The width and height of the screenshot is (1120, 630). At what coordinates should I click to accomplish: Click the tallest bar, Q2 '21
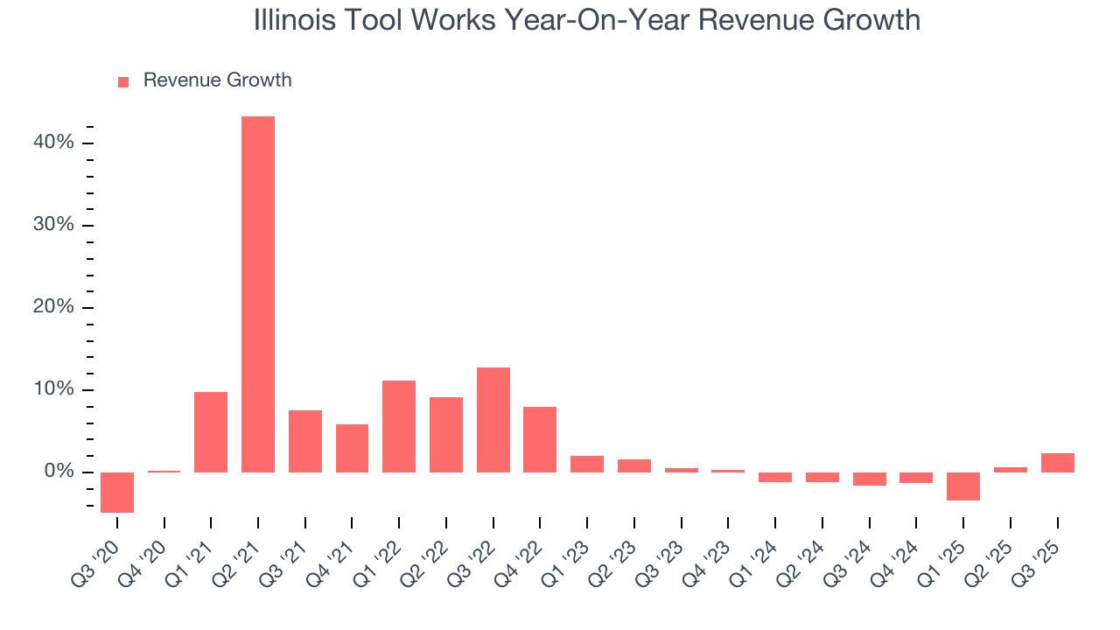click(258, 294)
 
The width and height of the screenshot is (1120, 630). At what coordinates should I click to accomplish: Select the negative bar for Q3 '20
click(117, 492)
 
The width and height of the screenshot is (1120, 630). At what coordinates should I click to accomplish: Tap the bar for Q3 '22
click(493, 420)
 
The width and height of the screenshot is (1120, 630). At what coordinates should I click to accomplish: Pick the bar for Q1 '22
click(399, 426)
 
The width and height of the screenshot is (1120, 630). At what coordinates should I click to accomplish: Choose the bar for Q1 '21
click(211, 432)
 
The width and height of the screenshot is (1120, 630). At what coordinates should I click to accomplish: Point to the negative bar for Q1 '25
click(963, 486)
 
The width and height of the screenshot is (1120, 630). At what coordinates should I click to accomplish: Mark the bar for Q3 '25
click(1058, 463)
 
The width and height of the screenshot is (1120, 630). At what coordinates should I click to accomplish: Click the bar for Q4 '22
click(540, 439)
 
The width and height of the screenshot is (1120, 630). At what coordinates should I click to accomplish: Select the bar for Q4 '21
click(352, 448)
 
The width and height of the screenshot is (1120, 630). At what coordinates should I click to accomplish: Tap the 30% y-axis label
click(54, 226)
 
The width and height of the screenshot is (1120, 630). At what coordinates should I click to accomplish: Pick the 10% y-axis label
click(54, 390)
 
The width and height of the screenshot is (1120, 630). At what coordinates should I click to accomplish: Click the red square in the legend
click(123, 81)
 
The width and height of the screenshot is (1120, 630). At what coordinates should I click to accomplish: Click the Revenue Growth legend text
click(217, 80)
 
